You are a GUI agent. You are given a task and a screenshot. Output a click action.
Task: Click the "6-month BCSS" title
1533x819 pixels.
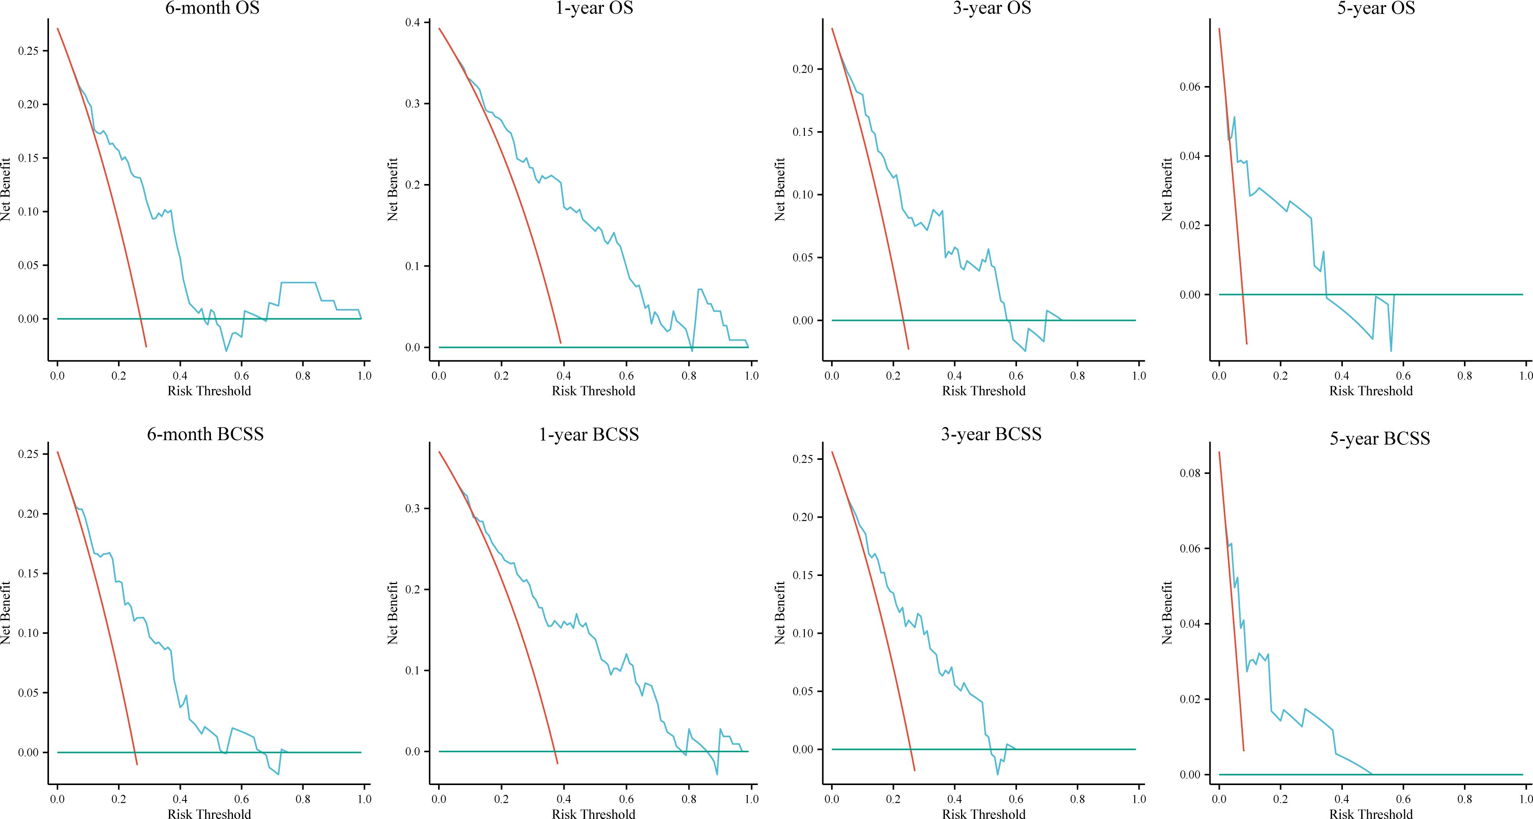(x=205, y=434)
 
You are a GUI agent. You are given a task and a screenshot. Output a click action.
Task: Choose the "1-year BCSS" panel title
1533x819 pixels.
(x=589, y=434)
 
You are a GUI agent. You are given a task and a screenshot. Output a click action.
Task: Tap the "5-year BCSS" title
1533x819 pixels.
(x=1380, y=439)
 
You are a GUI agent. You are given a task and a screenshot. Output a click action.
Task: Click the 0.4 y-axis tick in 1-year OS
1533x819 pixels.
(x=412, y=23)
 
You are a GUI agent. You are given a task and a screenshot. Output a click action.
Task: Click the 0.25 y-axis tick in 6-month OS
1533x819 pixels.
(x=29, y=51)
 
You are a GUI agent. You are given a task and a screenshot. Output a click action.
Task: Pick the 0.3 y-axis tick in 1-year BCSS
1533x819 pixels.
(x=412, y=508)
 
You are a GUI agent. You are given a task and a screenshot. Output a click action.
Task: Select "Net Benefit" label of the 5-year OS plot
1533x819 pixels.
(x=1167, y=189)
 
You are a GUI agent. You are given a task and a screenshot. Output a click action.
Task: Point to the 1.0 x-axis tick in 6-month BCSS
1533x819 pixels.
(x=364, y=799)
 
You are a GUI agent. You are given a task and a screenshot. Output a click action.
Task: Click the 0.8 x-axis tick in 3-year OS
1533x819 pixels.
(x=1077, y=376)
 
